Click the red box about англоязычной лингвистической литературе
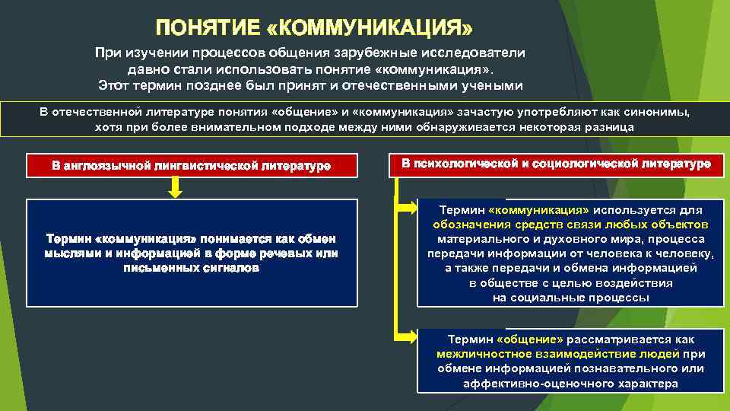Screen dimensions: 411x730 [191, 164]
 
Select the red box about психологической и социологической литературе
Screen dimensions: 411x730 [557, 164]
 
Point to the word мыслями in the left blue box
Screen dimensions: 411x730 [71, 253]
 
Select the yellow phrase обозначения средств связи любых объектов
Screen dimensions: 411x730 [570, 225]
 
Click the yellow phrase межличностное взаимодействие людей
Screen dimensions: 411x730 [558, 354]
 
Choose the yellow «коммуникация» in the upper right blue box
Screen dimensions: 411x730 [539, 210]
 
